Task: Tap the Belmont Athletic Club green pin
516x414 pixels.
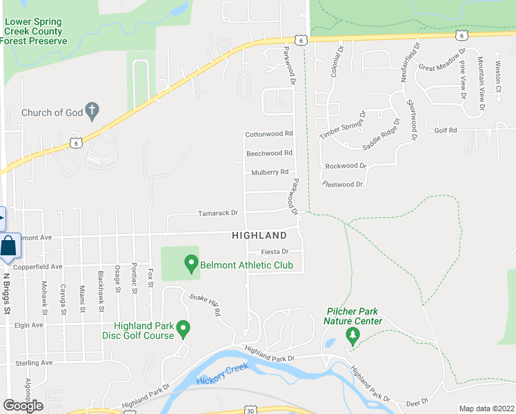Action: pos(191,263)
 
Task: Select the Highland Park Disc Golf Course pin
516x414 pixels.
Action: pos(183,328)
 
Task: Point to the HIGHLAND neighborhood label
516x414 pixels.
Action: pos(259,236)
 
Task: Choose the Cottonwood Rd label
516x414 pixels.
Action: pos(269,134)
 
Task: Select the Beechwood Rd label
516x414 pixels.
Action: pos(270,153)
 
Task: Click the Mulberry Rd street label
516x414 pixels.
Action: pos(269,172)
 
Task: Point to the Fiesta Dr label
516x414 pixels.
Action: pos(275,252)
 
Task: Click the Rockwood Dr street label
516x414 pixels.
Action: pos(346,166)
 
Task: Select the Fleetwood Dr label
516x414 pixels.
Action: pos(343,185)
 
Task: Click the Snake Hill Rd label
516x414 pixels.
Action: pos(206,304)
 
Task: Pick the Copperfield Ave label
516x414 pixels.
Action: pos(37,266)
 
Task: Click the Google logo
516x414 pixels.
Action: pos(23,406)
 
